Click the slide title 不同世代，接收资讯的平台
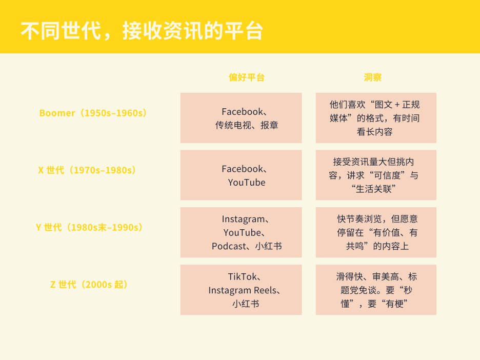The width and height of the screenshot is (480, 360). click(142, 31)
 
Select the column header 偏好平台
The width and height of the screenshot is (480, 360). click(247, 77)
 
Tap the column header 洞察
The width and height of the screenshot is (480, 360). click(372, 77)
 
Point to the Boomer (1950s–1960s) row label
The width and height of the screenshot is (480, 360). click(93, 113)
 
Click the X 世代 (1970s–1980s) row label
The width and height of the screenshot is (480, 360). click(87, 170)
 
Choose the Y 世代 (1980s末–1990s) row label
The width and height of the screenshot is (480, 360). click(89, 228)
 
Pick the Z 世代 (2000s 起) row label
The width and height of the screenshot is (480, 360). click(89, 285)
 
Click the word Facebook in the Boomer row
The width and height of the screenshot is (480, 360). click(242, 112)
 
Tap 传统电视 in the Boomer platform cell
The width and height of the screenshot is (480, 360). click(233, 125)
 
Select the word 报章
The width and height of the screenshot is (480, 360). click(269, 125)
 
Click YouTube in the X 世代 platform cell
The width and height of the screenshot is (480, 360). click(247, 183)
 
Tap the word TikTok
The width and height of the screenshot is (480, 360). click(243, 277)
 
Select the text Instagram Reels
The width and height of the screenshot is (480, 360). click(242, 290)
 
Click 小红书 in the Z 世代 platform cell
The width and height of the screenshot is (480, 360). click(246, 304)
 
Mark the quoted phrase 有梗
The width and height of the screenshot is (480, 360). click(394, 304)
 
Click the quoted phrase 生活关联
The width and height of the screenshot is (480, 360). click(373, 189)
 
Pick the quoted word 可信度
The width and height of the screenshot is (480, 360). click(387, 175)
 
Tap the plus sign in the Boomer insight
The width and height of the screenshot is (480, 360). click(397, 105)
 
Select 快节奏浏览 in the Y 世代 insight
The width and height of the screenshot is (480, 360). click(359, 219)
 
